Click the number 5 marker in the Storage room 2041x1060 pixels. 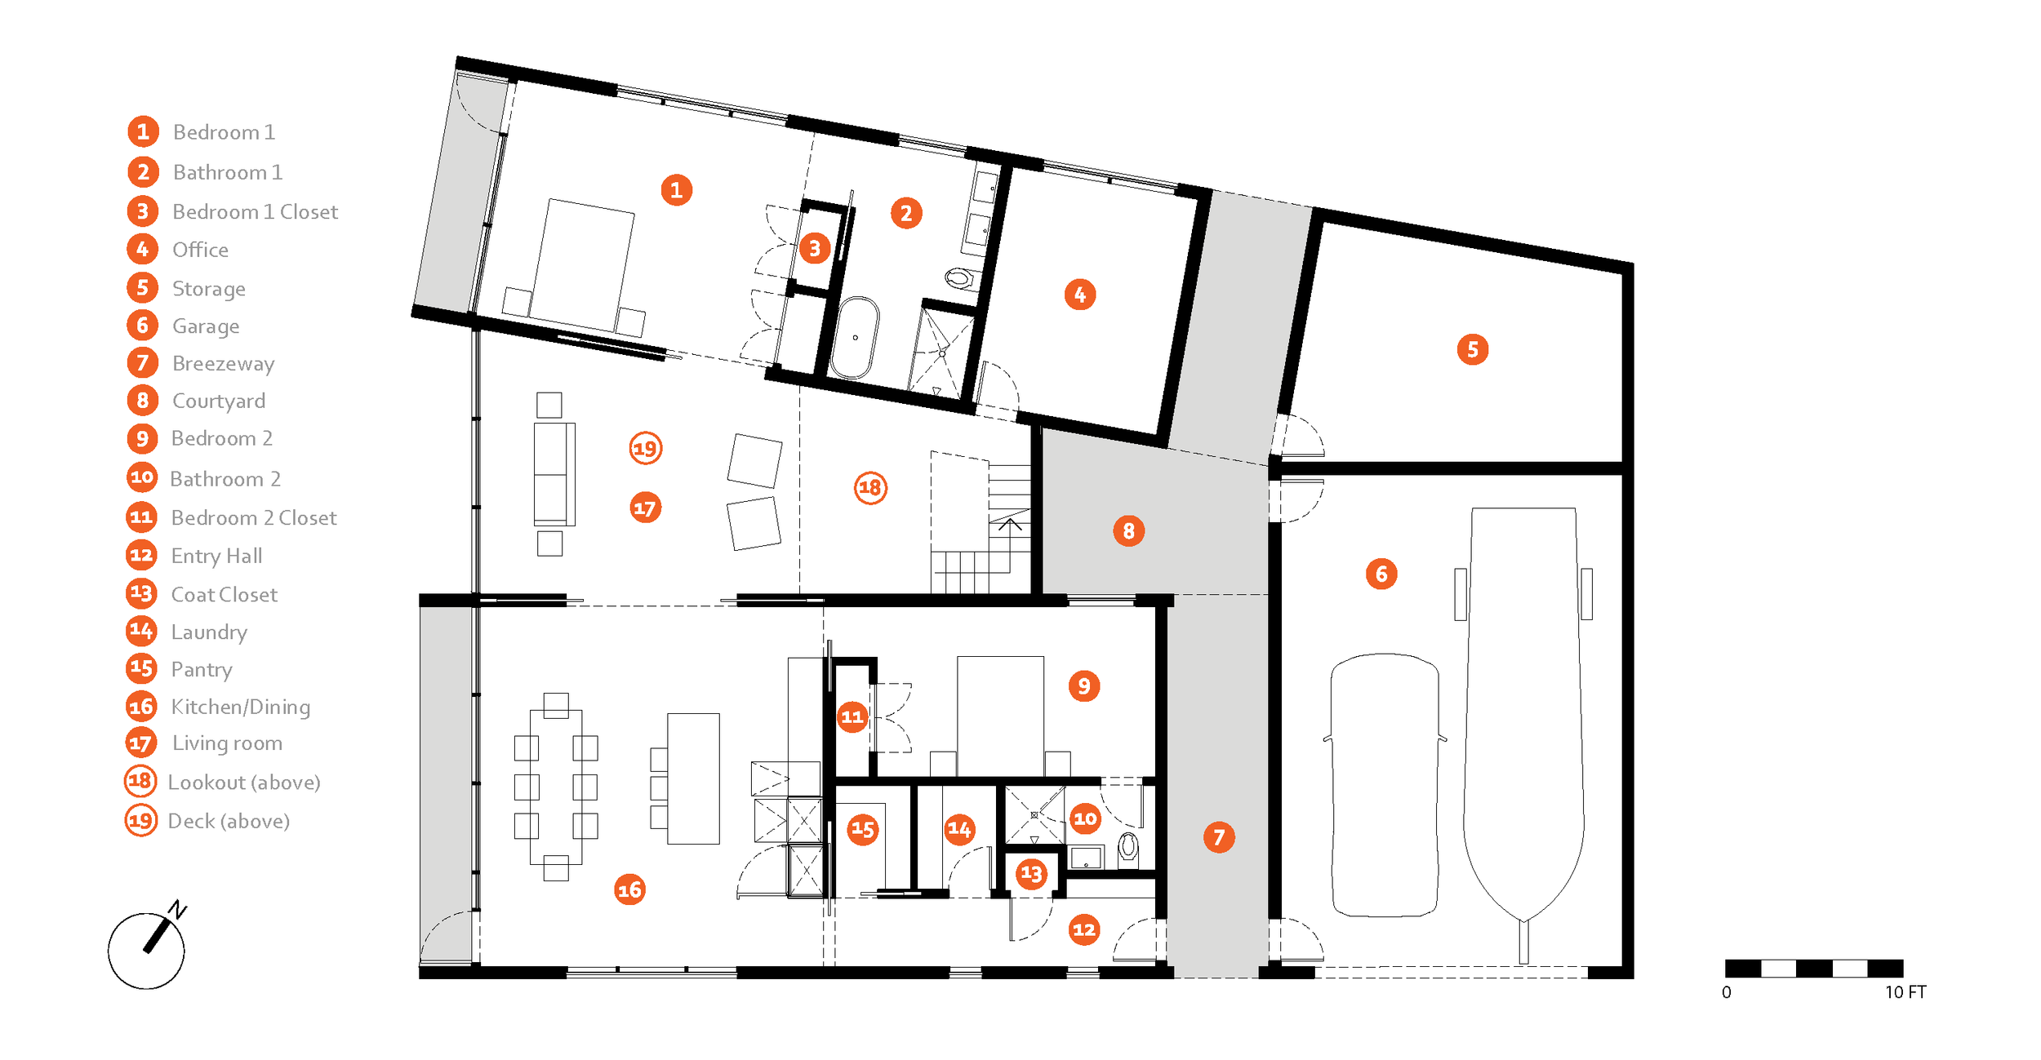(1472, 349)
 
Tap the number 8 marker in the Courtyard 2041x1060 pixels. (1128, 531)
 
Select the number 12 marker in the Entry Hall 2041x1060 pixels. (1083, 929)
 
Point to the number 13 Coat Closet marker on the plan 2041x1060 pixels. (1031, 874)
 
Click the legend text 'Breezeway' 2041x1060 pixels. (223, 363)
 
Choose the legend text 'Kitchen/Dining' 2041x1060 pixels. (240, 707)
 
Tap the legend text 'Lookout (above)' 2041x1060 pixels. (243, 782)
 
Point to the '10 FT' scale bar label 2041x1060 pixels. (1905, 992)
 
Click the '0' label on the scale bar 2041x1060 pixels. (1726, 992)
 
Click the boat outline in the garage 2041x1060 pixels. (1523, 710)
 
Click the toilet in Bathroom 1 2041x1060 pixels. (959, 278)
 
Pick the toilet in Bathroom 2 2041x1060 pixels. (1128, 847)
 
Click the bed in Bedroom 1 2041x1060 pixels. (581, 265)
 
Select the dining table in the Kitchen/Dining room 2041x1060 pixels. (555, 787)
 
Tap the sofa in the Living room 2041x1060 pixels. (554, 473)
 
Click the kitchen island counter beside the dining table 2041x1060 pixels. (693, 778)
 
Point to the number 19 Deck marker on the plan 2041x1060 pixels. (645, 448)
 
